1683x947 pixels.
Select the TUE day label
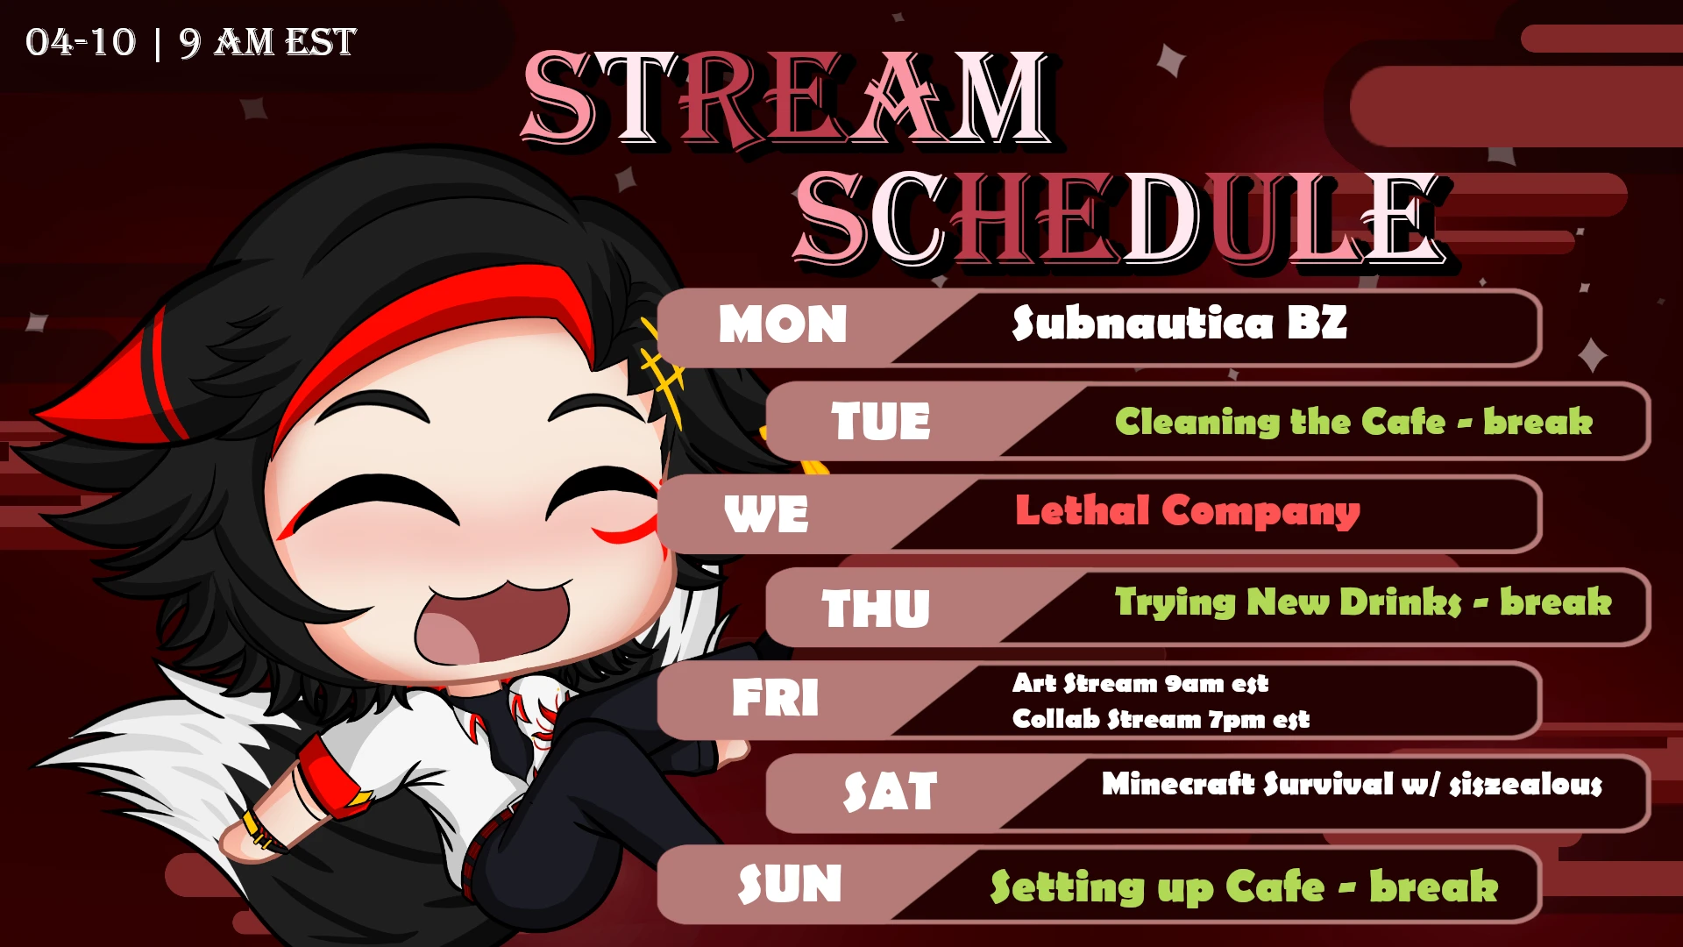tap(881, 421)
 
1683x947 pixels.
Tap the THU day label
tap(876, 608)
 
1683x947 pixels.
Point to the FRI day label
tap(776, 698)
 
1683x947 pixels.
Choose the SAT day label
tap(890, 791)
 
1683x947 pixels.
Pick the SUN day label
tap(790, 884)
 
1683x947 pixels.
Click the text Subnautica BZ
tap(1179, 323)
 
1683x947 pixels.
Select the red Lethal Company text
tap(1188, 510)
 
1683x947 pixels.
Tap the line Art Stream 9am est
tap(1140, 683)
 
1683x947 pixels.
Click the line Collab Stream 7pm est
tap(1161, 719)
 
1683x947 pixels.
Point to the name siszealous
tap(1526, 784)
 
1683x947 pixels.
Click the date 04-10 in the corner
tap(81, 42)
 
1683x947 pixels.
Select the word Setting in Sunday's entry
tap(1067, 887)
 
